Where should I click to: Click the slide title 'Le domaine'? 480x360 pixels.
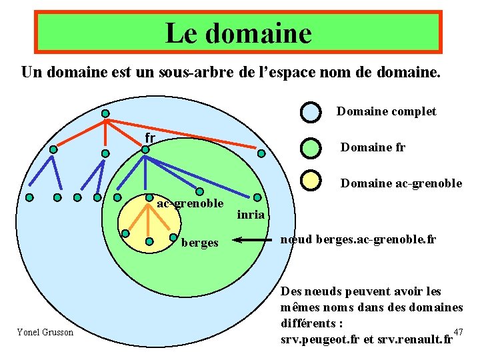coord(238,32)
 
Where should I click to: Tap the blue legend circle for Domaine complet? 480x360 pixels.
coord(311,111)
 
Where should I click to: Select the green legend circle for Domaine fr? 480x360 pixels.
coord(311,147)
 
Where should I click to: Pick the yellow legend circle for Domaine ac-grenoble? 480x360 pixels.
coord(311,181)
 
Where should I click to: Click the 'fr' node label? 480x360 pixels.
coord(150,138)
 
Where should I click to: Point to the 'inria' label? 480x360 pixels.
coord(251,215)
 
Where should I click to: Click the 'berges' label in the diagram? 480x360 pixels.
coord(199,243)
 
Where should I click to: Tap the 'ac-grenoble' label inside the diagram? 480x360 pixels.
coord(190,203)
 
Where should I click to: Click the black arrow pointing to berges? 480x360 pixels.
coord(250,240)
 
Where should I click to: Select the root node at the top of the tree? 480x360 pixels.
coord(105,113)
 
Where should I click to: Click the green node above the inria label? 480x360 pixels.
coord(256,197)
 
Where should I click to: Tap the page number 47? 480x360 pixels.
coord(457,332)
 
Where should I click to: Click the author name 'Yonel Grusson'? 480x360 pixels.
coord(45,332)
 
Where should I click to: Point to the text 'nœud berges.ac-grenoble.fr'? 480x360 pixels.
coord(358,239)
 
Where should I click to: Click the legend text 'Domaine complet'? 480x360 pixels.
coord(386,111)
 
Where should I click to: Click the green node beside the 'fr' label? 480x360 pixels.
coord(145,150)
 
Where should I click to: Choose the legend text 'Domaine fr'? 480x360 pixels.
coord(373,147)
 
